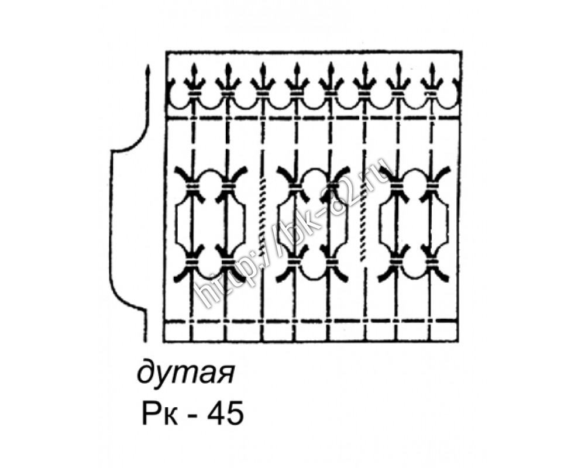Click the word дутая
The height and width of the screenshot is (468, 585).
tap(186, 371)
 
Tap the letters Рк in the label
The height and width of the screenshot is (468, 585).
tap(160, 414)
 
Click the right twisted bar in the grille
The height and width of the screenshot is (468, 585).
tap(363, 220)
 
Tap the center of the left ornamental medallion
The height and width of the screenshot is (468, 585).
tap(211, 224)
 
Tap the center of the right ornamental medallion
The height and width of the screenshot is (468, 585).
tap(414, 224)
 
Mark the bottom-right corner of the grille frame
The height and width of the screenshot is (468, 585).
tap(459, 340)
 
